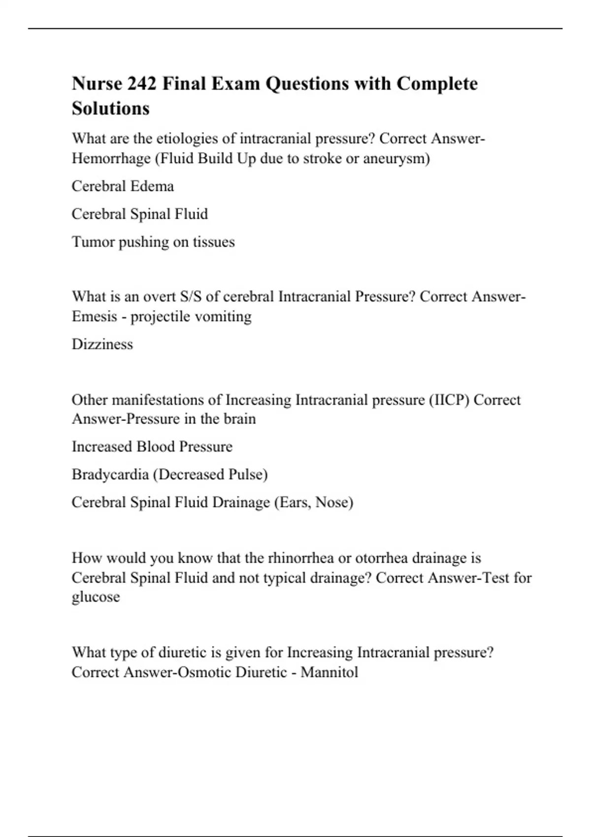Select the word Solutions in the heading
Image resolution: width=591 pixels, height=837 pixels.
point(110,108)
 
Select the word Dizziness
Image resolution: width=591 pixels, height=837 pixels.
point(102,344)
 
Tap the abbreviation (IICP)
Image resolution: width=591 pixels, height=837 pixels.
point(449,399)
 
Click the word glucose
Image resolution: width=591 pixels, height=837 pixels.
point(96,597)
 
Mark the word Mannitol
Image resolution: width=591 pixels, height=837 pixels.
point(329,672)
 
